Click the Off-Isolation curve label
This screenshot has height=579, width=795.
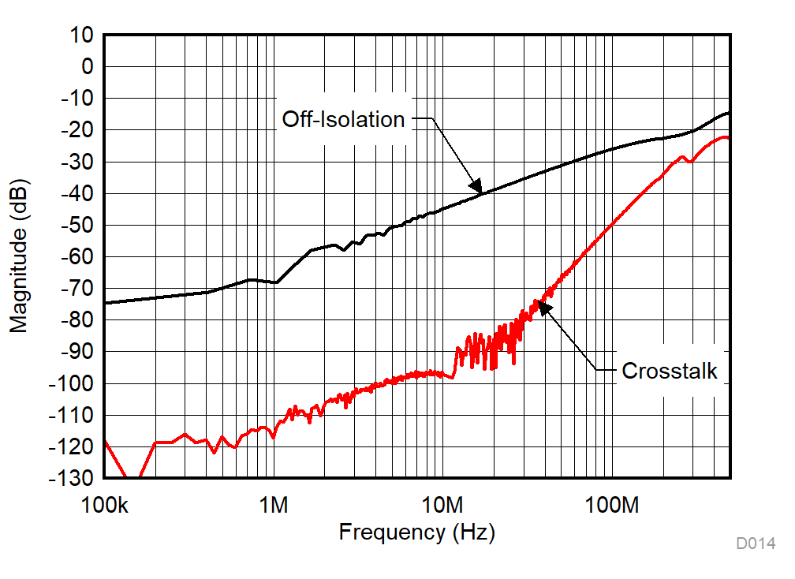pyautogui.click(x=343, y=119)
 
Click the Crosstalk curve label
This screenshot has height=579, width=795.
pyautogui.click(x=670, y=371)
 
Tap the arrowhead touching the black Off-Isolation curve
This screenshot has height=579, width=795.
pyautogui.click(x=476, y=186)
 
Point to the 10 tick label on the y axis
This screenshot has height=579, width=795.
pyautogui.click(x=82, y=35)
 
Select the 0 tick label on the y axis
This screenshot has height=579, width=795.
pyautogui.click(x=88, y=67)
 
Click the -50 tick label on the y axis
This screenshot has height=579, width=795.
pyautogui.click(x=77, y=226)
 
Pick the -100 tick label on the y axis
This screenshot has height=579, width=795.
pyautogui.click(x=73, y=383)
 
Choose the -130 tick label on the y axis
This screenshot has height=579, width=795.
pyautogui.click(x=73, y=479)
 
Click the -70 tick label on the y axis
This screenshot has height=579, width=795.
pyautogui.click(x=77, y=289)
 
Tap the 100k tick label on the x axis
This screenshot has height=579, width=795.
pyautogui.click(x=105, y=505)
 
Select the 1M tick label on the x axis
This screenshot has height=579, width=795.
pyautogui.click(x=273, y=505)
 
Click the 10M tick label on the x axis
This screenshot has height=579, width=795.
pyautogui.click(x=442, y=505)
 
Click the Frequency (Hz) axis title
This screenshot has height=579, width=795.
pyautogui.click(x=416, y=532)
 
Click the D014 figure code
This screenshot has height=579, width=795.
pyautogui.click(x=756, y=544)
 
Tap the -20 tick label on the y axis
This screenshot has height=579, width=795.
pyautogui.click(x=77, y=130)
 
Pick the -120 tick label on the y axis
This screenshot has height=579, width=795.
pyautogui.click(x=73, y=447)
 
